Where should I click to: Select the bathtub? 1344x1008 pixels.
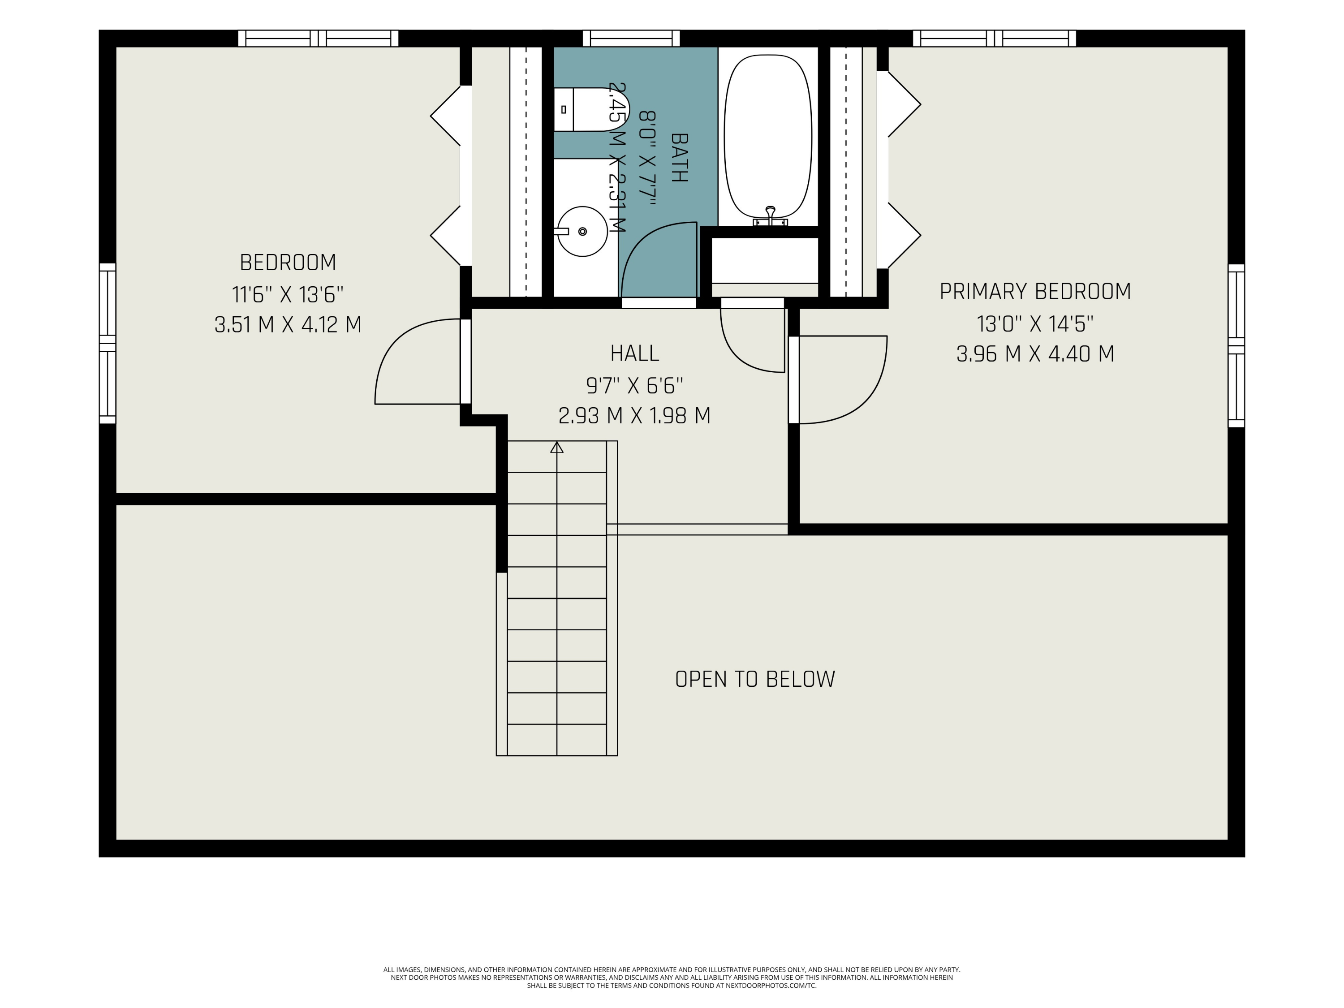(767, 137)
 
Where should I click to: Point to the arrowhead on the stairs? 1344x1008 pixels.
(556, 447)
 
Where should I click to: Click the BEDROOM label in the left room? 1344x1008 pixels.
(288, 263)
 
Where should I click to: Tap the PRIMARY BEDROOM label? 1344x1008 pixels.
(1035, 292)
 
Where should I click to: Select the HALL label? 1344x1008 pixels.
(634, 353)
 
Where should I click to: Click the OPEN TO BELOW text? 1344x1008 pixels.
(755, 679)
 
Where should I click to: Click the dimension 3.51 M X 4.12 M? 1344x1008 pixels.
(288, 324)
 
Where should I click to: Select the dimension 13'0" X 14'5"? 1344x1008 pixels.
(1035, 324)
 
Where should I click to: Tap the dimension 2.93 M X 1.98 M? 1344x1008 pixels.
(634, 416)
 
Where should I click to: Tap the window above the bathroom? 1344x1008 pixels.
(631, 38)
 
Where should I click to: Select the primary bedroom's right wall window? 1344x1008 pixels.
(1236, 346)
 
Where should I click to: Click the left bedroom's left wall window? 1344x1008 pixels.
(108, 343)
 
